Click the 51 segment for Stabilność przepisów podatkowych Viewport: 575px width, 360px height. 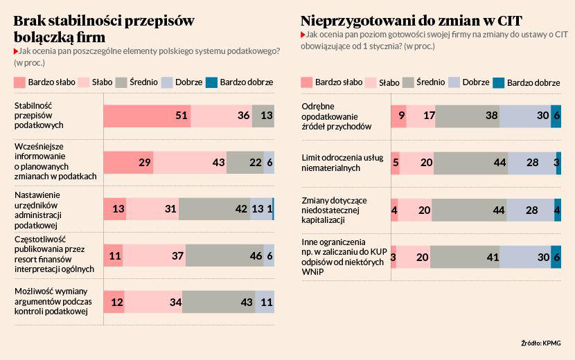point(147,116)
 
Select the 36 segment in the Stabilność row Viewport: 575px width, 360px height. point(221,116)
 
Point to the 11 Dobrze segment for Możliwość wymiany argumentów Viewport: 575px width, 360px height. point(265,303)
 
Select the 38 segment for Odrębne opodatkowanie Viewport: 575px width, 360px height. point(467,116)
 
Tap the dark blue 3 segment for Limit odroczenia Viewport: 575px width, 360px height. point(558,162)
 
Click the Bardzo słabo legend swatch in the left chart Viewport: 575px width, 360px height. point(20,82)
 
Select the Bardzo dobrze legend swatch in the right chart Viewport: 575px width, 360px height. point(498,82)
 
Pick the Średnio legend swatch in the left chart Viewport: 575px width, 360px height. point(123,82)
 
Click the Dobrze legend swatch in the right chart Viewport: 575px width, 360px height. point(454,82)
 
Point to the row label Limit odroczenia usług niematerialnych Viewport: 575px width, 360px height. point(342,162)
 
